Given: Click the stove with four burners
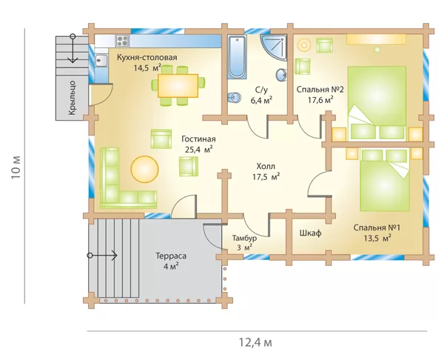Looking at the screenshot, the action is click(x=123, y=41).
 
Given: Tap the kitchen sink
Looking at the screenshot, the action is click(x=101, y=61).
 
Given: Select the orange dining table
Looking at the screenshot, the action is click(x=178, y=86).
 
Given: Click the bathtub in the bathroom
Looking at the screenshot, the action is click(x=237, y=57).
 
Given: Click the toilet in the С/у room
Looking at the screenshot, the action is click(x=234, y=98).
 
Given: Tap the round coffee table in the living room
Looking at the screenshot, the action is click(x=144, y=169).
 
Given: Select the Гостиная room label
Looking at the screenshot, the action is click(x=198, y=139).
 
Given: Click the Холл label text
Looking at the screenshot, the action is click(x=266, y=166).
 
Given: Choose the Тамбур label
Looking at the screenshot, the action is click(x=245, y=238).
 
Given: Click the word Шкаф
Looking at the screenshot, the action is click(x=310, y=233).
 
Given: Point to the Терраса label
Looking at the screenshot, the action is click(x=171, y=256).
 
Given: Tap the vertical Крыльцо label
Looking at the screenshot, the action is click(x=73, y=98).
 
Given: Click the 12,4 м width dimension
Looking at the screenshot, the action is click(x=255, y=342).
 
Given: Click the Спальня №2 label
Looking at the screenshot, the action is click(x=320, y=90).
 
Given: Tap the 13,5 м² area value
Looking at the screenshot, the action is click(x=377, y=238).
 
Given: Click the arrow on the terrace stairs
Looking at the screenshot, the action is click(x=102, y=256).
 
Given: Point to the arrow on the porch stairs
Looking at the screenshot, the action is click(x=73, y=48).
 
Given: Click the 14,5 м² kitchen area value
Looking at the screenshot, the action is click(x=147, y=68).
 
